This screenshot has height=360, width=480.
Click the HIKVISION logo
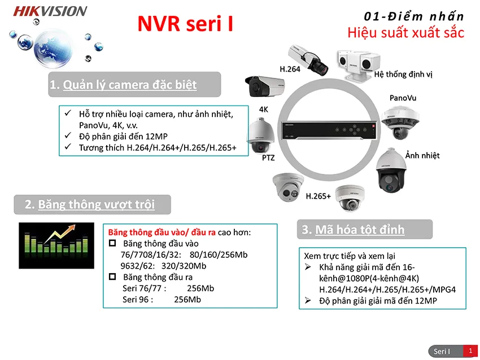pyautogui.click(x=50, y=11)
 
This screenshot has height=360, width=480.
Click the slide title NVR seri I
pyautogui.click(x=185, y=24)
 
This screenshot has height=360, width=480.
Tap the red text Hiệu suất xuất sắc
pyautogui.click(x=405, y=33)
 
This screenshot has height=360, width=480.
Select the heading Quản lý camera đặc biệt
pyautogui.click(x=129, y=85)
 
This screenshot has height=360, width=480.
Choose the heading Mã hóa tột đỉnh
pyautogui.click(x=360, y=230)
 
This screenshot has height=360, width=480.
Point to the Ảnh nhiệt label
pyautogui.click(x=422, y=155)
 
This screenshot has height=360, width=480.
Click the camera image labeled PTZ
pyautogui.click(x=260, y=135)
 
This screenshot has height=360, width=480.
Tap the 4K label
pyautogui.click(x=264, y=109)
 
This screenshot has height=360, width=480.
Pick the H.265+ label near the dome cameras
pyautogui.click(x=318, y=196)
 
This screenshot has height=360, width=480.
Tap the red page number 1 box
pyautogui.click(x=470, y=351)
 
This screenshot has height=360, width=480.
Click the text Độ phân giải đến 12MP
pyautogui.click(x=124, y=137)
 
